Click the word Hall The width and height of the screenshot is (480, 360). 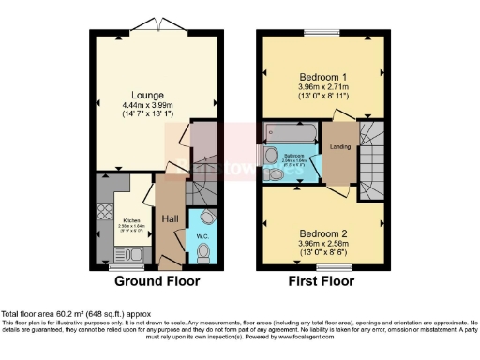(170, 218)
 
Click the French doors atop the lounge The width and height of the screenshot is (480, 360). (146, 24)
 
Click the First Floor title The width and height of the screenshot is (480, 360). (323, 280)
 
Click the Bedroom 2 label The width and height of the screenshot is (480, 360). (322, 232)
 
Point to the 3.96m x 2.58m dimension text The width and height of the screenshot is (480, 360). (322, 243)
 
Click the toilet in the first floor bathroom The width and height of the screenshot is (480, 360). (275, 174)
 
